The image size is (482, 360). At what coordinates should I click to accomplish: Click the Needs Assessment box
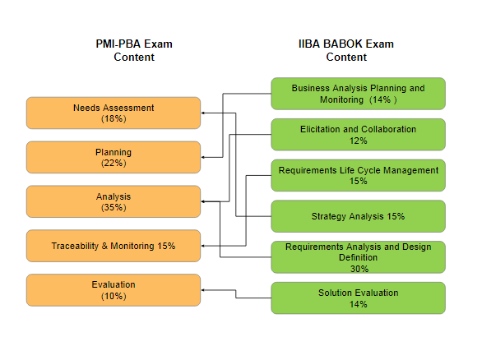[x=114, y=113]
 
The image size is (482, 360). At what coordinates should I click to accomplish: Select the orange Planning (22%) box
[x=114, y=157]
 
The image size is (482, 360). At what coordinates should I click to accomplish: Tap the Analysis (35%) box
[x=114, y=201]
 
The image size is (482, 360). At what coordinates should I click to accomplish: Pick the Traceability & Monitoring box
[x=114, y=246]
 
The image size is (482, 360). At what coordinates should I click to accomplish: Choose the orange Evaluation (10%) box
[x=114, y=290]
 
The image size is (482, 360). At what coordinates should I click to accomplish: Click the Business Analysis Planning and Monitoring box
[x=358, y=94]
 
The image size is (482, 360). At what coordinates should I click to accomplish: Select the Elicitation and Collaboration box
[x=358, y=135]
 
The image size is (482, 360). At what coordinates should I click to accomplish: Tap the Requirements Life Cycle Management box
[x=358, y=175]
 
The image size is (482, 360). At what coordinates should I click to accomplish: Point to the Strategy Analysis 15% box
[x=358, y=216]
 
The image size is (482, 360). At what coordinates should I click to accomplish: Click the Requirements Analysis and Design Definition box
[x=358, y=257]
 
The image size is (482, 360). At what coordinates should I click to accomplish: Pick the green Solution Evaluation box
[x=358, y=298]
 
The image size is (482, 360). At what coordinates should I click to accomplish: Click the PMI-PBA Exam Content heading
[x=134, y=50]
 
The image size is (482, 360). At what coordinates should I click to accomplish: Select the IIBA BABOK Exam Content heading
[x=346, y=50]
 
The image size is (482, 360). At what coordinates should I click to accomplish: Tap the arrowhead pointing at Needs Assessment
[x=202, y=113]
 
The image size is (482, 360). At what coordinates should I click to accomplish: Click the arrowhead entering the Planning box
[x=202, y=157]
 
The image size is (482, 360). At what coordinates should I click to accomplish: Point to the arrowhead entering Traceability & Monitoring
[x=202, y=246]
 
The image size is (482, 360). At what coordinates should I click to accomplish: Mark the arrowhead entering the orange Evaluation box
[x=202, y=290]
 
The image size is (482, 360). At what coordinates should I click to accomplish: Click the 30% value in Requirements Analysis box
[x=359, y=269]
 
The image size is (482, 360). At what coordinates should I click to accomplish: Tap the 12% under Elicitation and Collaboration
[x=358, y=141]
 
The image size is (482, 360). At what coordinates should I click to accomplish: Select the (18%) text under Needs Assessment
[x=114, y=118]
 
